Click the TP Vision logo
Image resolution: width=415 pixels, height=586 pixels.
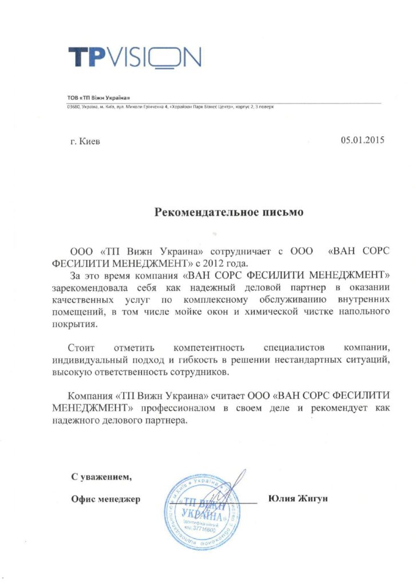pyautogui.click(x=135, y=57)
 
